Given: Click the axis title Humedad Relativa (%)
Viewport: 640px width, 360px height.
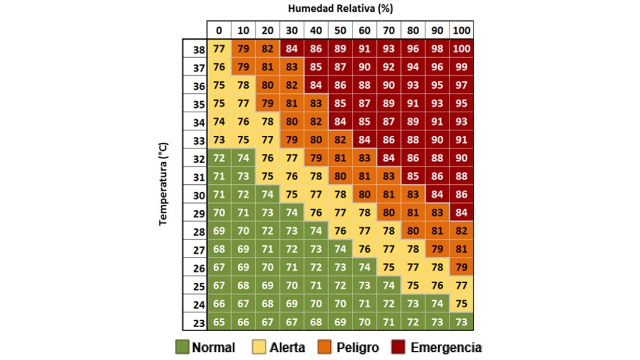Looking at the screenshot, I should coord(341,9).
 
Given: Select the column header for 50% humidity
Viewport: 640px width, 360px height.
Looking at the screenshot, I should coord(340,30).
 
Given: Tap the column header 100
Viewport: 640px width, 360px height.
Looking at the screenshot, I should coord(461,30).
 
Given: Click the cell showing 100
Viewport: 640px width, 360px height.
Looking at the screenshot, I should coord(461,48).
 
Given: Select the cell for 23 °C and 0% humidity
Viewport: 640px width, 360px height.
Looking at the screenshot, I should coord(219,322).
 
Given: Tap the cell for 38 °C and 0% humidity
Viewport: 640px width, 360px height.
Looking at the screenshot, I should coord(219,48).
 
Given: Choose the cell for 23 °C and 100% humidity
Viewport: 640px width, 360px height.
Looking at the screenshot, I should coord(461,322).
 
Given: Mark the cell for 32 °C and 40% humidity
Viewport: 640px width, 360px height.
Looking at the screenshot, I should coord(316,158).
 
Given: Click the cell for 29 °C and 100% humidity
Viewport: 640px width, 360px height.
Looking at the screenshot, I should coord(461,213).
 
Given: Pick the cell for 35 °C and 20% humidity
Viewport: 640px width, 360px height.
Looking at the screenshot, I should coord(268,104).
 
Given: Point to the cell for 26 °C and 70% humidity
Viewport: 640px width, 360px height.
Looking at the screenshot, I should coord(389,268).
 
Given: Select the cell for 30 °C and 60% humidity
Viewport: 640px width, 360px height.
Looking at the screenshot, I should coord(364,195).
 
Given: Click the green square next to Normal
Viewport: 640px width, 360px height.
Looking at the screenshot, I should coord(182,347).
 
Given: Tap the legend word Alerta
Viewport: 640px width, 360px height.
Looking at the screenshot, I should coord(287,347).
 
